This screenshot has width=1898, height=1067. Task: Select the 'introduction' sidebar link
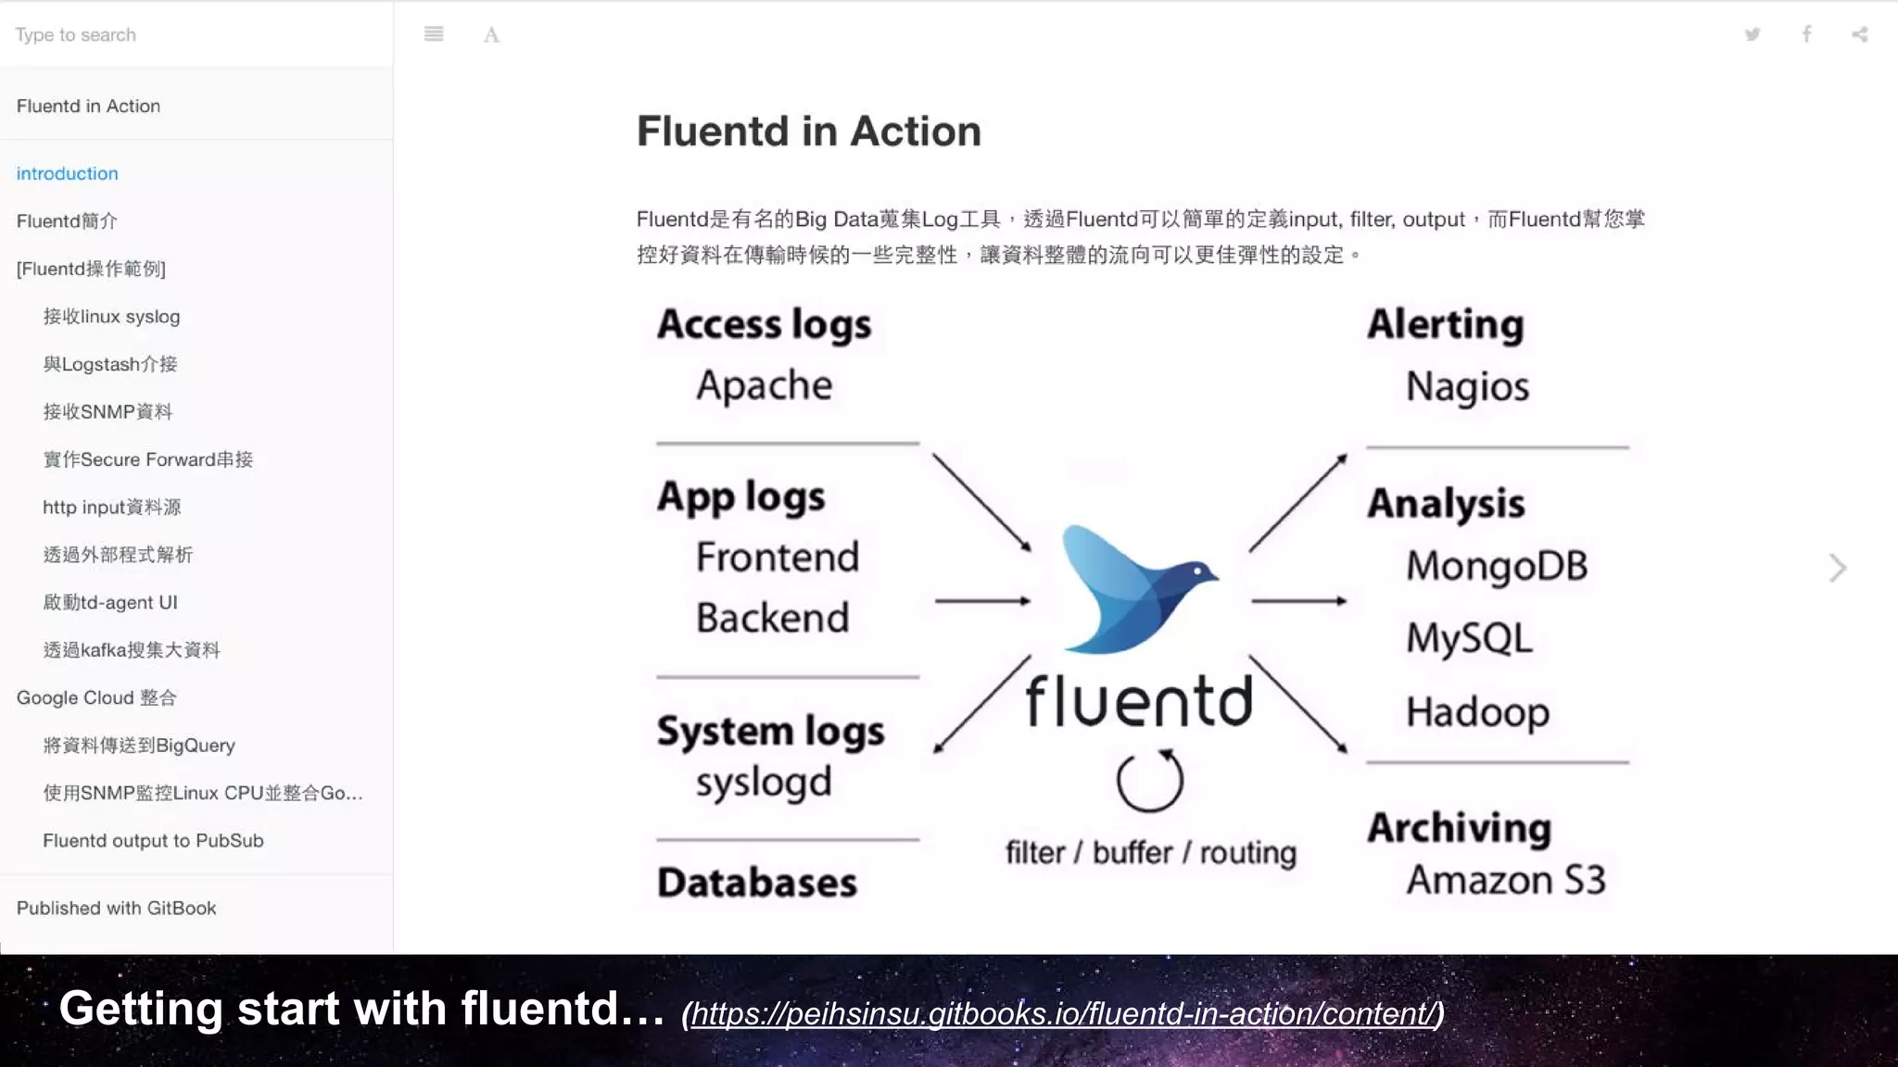(67, 173)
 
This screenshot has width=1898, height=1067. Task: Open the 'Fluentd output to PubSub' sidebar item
(153, 840)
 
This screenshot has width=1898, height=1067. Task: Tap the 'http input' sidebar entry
(111, 507)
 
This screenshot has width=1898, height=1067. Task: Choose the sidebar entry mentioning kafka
(131, 649)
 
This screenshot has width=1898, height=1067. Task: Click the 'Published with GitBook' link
(116, 908)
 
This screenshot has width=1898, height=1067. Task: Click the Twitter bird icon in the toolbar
(1752, 35)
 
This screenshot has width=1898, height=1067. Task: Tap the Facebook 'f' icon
(1806, 35)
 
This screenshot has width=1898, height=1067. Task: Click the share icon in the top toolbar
(1860, 35)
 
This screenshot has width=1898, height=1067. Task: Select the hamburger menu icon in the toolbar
(434, 35)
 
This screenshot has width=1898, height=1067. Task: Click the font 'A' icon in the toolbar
(491, 35)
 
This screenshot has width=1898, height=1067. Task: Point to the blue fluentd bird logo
(1136, 589)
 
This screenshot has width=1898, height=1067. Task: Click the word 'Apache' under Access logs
(764, 385)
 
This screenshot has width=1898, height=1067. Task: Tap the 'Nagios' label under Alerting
(1467, 387)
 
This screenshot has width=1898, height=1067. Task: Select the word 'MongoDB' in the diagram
(1496, 566)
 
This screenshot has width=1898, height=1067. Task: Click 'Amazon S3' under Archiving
(1505, 880)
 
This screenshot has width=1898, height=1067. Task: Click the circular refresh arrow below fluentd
(1149, 781)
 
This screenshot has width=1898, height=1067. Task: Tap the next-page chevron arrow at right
(1838, 568)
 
